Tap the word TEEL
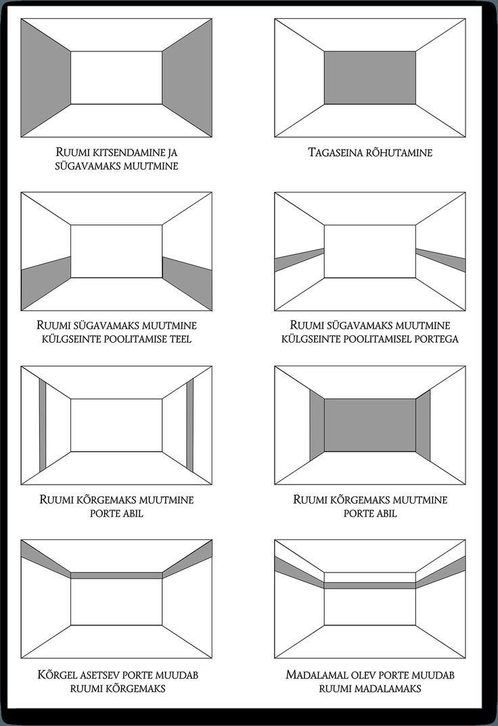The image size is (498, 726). coord(179,339)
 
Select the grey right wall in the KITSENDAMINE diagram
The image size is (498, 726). coord(187,78)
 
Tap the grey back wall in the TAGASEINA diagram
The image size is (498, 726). coord(369,78)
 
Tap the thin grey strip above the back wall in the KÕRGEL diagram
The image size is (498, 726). coord(116,575)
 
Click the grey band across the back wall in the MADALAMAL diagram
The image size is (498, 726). coord(369,585)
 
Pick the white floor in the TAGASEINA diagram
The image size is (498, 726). coord(369,122)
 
